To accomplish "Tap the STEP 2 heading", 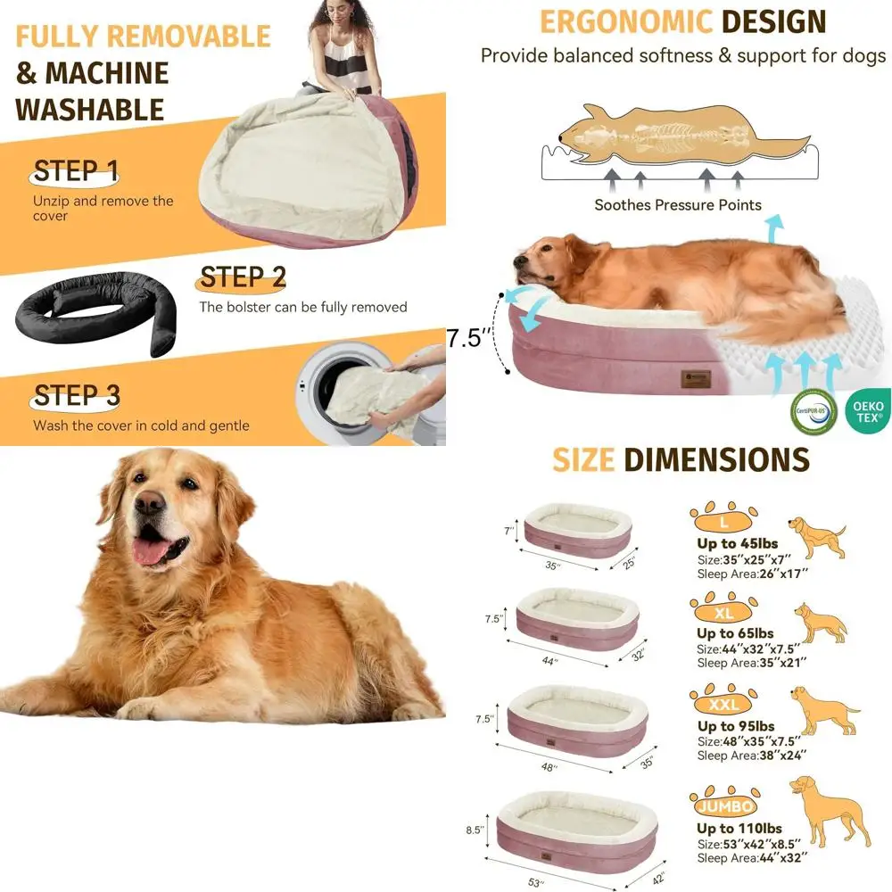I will tap(243, 277).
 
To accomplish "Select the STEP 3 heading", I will tap(77, 395).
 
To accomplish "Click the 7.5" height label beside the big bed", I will tap(469, 339).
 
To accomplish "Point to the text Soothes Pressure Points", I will tap(678, 205).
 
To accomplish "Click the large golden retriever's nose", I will tap(149, 504).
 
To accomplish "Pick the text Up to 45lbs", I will tap(737, 543).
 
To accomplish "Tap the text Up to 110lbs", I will tap(739, 829).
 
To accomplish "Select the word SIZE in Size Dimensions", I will tap(583, 460).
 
